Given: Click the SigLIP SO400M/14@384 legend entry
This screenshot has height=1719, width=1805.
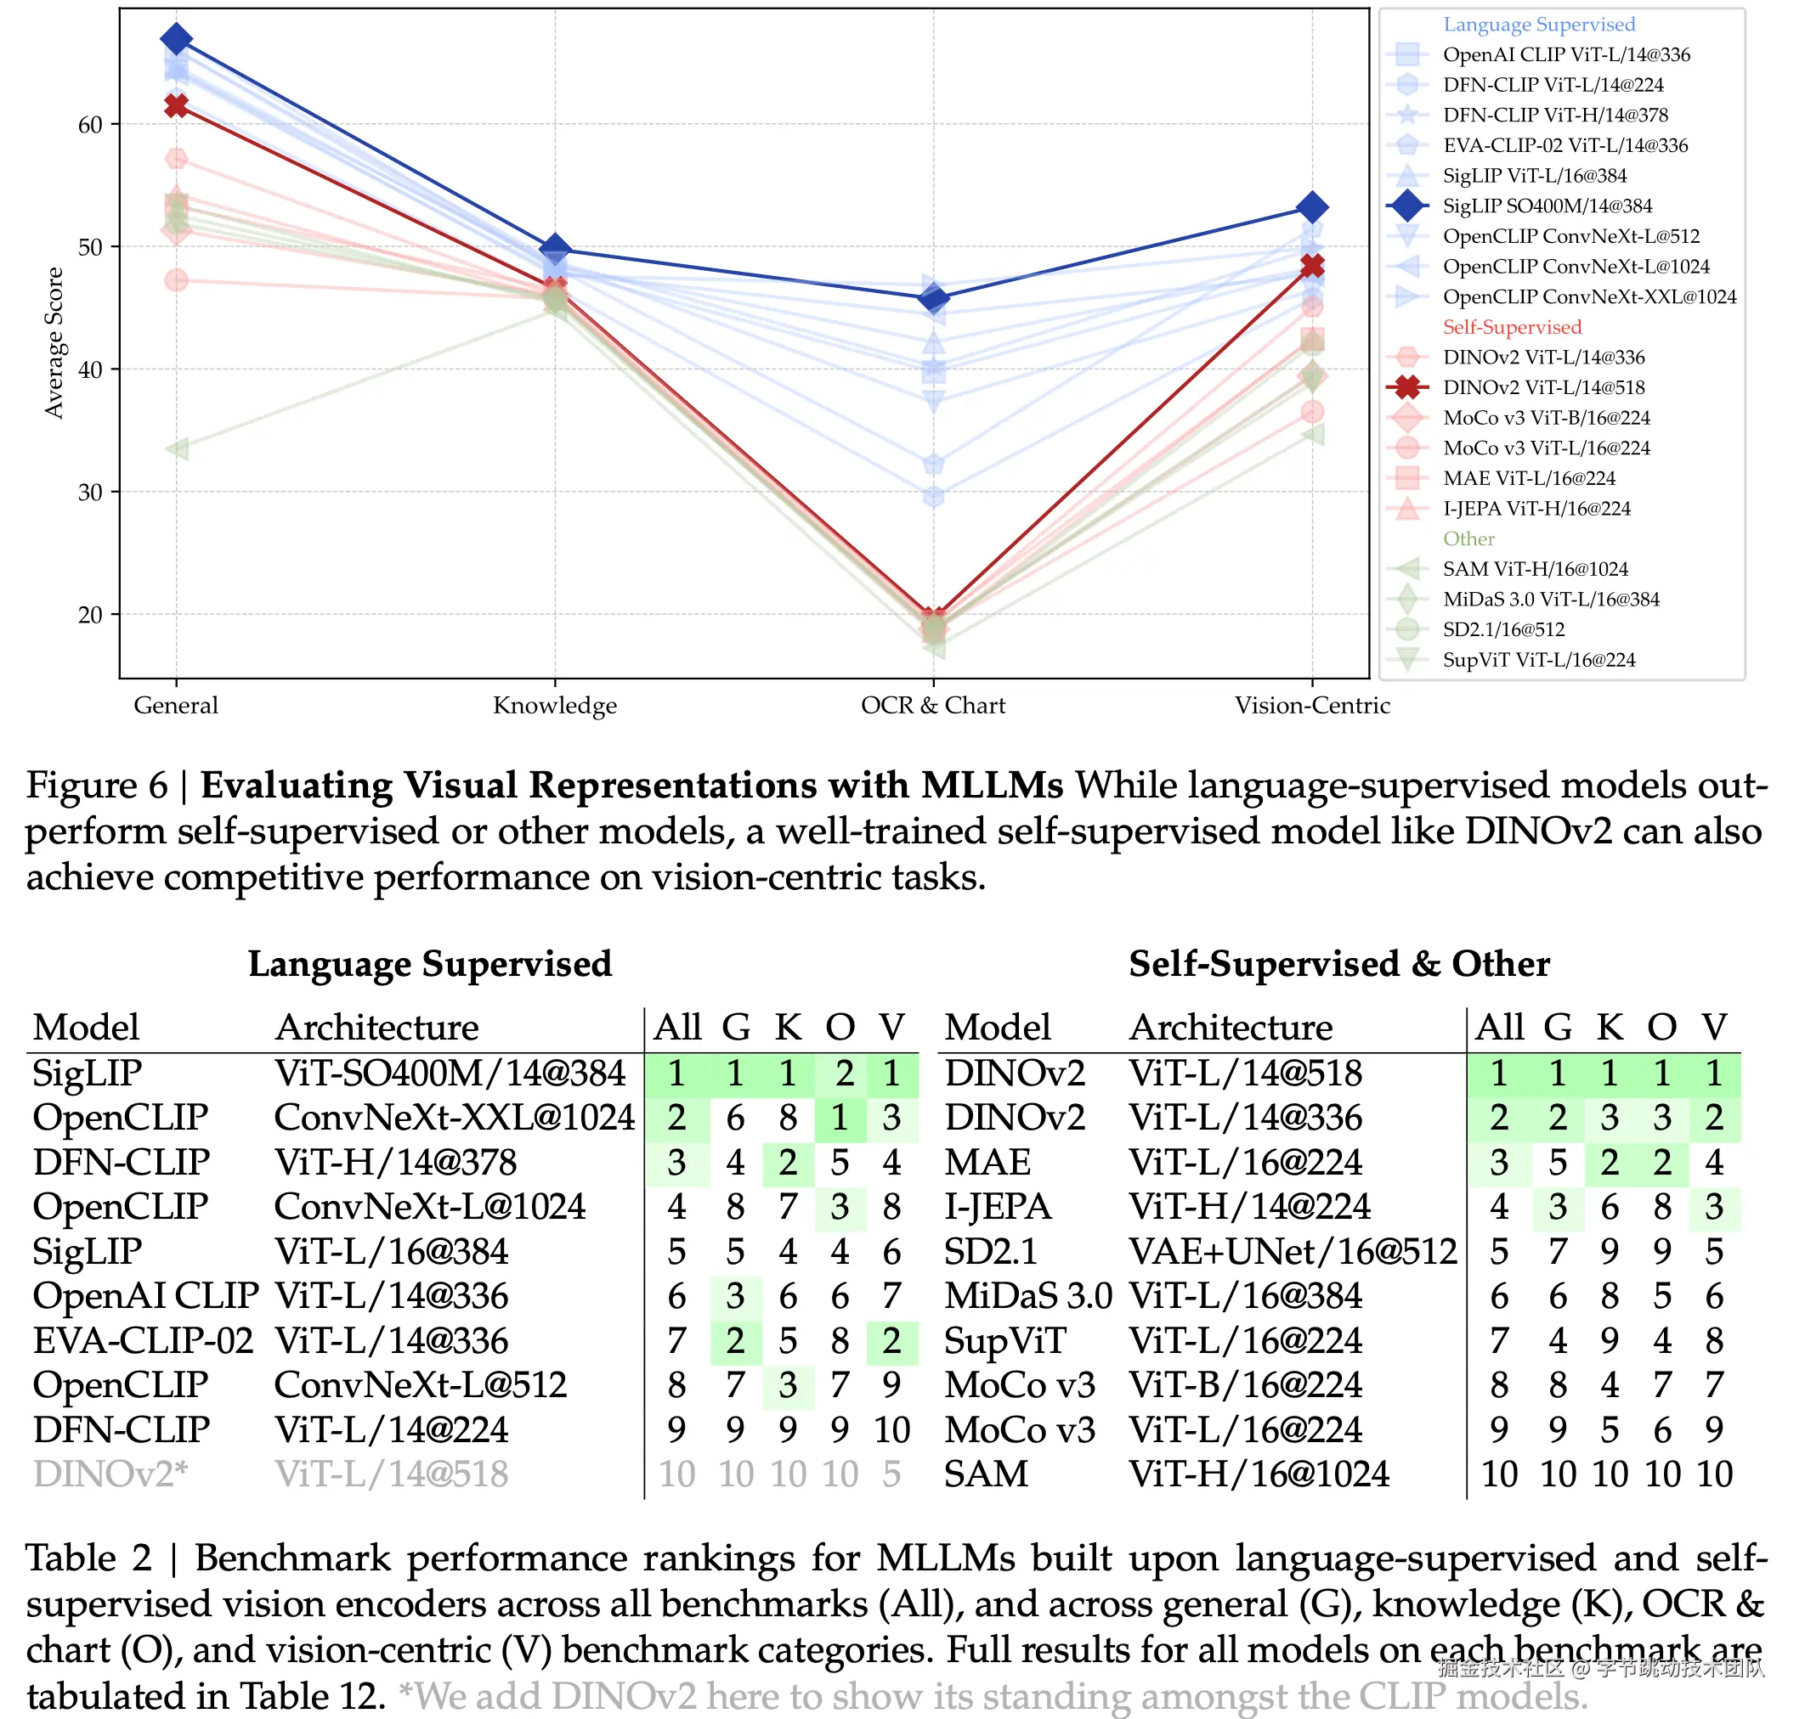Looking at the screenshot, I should tap(1547, 206).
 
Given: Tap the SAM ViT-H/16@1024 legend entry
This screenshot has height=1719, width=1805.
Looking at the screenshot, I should tap(1535, 569).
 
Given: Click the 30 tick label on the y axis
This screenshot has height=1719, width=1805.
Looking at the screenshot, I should tap(90, 493).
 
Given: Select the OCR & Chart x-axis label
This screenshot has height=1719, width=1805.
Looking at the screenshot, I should tap(932, 706).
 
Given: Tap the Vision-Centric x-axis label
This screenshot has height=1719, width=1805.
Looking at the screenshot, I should tap(1311, 706).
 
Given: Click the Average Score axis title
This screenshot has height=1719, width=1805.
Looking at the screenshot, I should tap(55, 343).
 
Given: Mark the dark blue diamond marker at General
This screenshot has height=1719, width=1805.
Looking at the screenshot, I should tap(176, 39).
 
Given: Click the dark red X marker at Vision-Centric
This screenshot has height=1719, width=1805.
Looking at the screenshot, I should tap(1312, 266).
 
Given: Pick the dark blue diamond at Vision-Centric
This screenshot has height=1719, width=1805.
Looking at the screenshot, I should tap(1312, 208).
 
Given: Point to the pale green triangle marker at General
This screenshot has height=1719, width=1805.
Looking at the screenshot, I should tap(177, 448).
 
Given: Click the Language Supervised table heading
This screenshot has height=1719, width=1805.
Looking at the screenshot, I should tap(429, 964).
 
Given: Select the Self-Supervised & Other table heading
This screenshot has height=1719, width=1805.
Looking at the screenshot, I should tap(1338, 964).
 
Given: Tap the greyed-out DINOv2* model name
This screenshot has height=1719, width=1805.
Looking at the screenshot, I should tap(110, 1474).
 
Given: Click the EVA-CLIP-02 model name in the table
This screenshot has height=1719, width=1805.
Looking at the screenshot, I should tap(143, 1340).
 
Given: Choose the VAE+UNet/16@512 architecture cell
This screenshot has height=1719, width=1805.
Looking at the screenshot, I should tap(1292, 1252).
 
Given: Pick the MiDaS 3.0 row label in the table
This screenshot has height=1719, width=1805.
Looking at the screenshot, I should tap(1027, 1297).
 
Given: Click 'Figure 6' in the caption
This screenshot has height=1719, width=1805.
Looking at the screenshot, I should tap(96, 786).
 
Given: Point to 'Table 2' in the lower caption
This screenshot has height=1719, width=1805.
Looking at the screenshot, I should tap(88, 1558).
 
